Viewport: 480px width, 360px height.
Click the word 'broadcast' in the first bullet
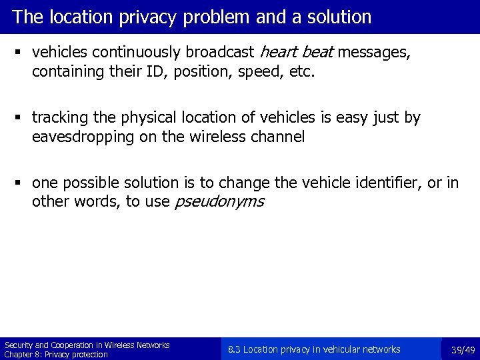click(x=223, y=52)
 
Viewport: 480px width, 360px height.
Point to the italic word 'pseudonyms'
click(x=219, y=201)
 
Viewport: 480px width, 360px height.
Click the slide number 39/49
click(x=463, y=350)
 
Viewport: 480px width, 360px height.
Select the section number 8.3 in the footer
click(x=234, y=349)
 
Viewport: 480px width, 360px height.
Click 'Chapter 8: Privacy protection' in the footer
click(x=56, y=355)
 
